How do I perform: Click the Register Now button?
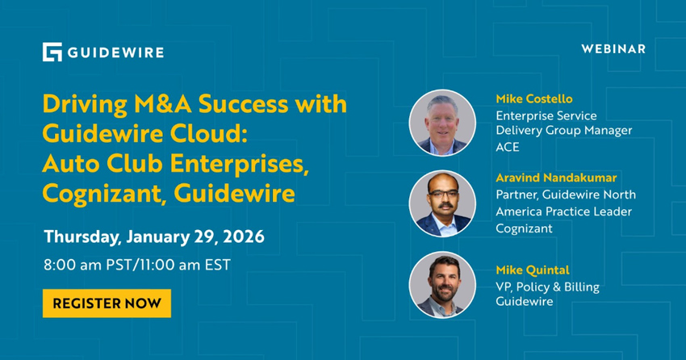pos(107,303)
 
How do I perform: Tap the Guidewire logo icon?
pos(52,52)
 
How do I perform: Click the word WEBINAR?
pos(613,48)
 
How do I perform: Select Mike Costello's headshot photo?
pos(442,123)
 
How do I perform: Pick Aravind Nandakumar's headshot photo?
pos(442,203)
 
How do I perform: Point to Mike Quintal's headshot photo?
pos(442,285)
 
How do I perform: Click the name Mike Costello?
pos(534,98)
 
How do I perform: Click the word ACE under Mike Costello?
pos(508,147)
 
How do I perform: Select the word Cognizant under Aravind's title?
pos(524,228)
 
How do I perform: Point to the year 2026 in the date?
pos(241,237)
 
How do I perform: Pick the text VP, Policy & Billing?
pos(548,287)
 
